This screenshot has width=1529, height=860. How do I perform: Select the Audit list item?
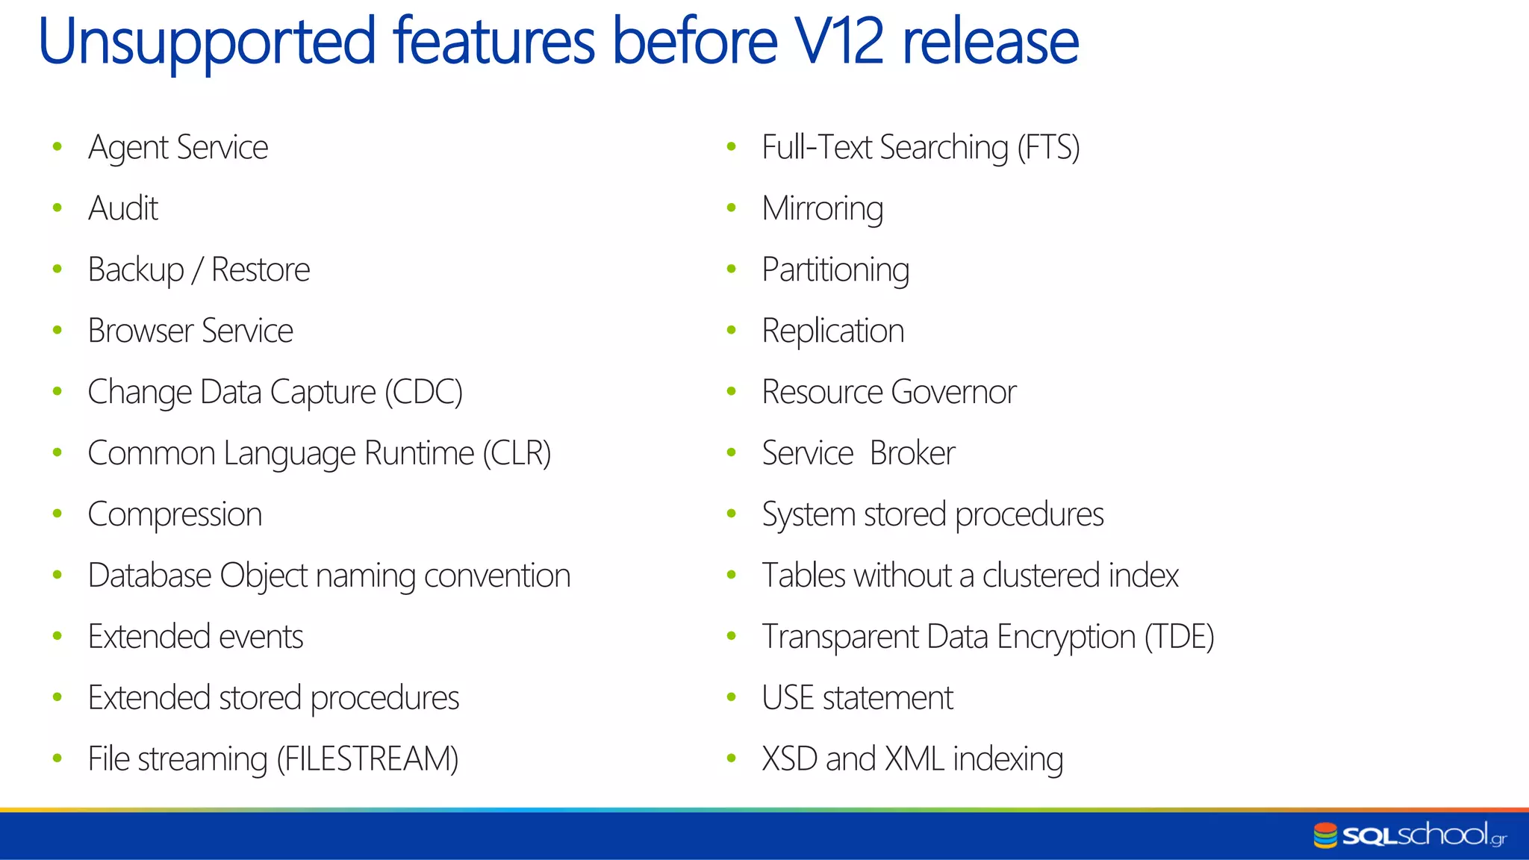click(123, 208)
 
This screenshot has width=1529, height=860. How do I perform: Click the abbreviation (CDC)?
click(424, 392)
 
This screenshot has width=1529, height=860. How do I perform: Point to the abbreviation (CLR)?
click(517, 453)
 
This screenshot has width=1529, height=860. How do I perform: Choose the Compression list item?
click(175, 514)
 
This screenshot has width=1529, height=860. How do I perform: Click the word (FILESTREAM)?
click(367, 759)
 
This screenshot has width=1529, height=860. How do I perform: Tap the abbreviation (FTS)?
click(1048, 147)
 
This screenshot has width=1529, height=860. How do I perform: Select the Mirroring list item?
click(822, 208)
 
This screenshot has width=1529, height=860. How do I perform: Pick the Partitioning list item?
click(835, 269)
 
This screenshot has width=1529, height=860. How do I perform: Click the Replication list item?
click(832, 331)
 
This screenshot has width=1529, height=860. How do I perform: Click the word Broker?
click(912, 453)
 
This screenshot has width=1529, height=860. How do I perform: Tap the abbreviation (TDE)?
click(1180, 637)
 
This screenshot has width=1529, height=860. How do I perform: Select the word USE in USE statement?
click(788, 698)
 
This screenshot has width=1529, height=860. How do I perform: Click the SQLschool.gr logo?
click(1410, 835)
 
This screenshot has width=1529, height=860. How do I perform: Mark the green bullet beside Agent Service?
click(57, 147)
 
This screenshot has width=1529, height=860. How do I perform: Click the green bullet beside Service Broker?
click(732, 452)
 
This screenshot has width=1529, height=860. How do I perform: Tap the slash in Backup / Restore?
click(197, 270)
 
